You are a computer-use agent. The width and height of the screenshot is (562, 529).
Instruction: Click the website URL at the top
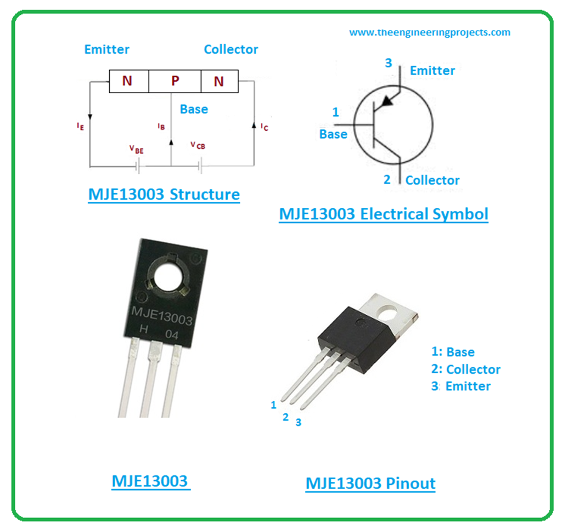point(430,32)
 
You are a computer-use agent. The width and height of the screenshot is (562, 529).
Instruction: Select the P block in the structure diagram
point(175,81)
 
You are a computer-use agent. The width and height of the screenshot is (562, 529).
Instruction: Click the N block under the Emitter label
point(127,81)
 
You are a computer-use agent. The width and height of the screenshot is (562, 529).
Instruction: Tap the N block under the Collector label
point(219,81)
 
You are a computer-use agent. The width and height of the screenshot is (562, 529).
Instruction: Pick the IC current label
point(265,127)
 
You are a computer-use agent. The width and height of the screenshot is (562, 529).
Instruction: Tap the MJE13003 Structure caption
point(164,195)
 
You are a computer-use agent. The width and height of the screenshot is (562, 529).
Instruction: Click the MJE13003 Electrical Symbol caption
point(383,214)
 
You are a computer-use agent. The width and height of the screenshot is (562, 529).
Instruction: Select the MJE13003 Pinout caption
point(370,483)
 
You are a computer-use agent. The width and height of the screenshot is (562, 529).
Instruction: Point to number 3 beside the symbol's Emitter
point(389,64)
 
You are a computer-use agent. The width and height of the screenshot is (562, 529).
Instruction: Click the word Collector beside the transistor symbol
point(432,180)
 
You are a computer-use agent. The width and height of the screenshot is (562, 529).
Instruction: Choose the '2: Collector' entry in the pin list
point(466,369)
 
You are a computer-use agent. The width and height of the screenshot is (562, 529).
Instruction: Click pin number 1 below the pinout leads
point(273,405)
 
